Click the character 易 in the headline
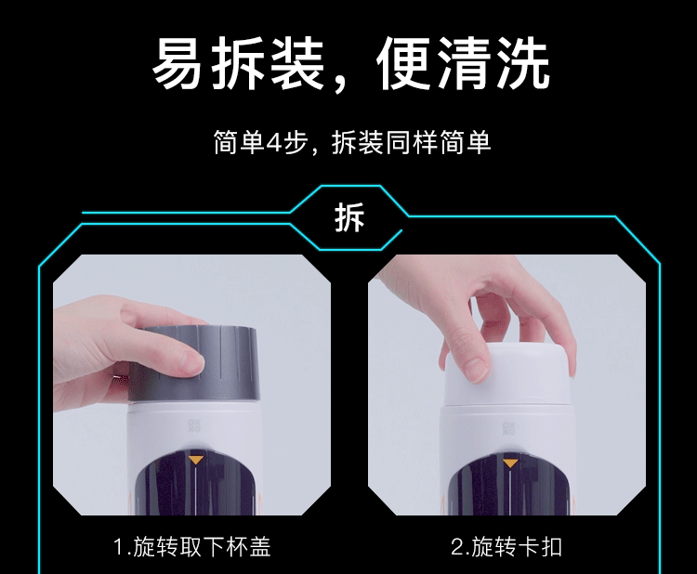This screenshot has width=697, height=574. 177,63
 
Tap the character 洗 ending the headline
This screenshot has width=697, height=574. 523,63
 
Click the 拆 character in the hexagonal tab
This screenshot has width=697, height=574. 349,217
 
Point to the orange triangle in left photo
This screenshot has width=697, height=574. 196,460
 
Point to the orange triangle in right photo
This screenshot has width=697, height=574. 510,463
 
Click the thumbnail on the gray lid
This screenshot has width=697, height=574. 192,363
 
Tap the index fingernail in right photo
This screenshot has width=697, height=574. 477,370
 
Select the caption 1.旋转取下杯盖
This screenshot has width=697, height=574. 192,547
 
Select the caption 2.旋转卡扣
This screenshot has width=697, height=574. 506,547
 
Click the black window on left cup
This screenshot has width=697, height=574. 195,484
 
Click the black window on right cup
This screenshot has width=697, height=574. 510,487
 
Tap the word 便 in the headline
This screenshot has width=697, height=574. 403,63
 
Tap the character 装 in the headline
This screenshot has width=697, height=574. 296,63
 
